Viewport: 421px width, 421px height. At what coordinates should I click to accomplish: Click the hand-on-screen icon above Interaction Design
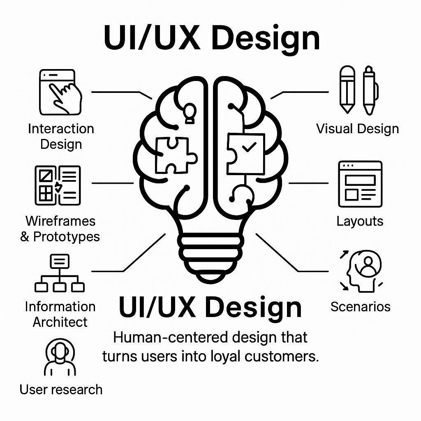click(x=60, y=92)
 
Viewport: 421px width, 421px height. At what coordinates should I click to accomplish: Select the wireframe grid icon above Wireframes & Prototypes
click(x=58, y=185)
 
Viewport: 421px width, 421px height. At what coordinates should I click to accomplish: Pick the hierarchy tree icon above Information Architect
click(x=60, y=273)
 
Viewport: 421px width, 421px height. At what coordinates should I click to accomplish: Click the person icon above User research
click(x=60, y=358)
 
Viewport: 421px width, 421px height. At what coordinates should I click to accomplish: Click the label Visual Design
click(x=357, y=129)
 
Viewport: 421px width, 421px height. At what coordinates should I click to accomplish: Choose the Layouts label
click(x=360, y=221)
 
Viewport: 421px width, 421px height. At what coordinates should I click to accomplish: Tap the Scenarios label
click(x=360, y=306)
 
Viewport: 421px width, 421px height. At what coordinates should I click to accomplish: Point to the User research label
click(x=61, y=389)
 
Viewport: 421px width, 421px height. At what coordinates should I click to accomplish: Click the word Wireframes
click(x=60, y=221)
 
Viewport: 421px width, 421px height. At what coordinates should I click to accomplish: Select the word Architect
click(x=60, y=322)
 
